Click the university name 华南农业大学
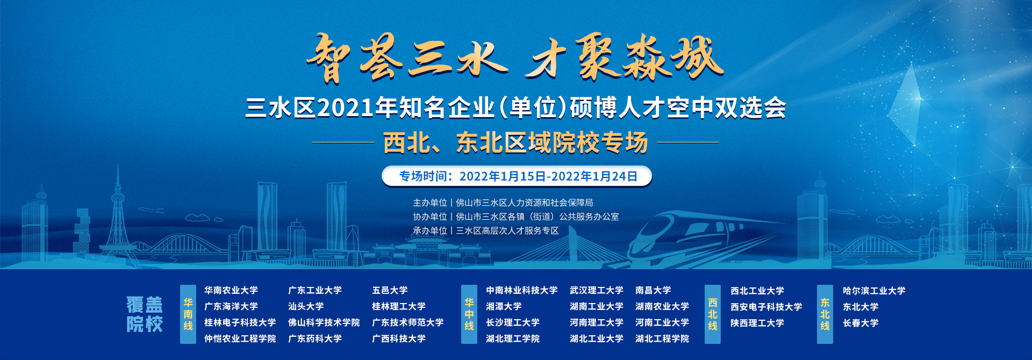click(231, 290)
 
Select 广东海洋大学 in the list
click(231, 306)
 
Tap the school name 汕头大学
click(306, 306)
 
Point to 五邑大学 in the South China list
click(390, 290)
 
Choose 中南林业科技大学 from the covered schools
click(521, 290)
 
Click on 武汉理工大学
click(597, 290)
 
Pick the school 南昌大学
click(653, 290)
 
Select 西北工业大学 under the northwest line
click(757, 291)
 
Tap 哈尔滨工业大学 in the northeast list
click(874, 291)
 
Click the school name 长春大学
click(861, 323)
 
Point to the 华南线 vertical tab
click(188, 314)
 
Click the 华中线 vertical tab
click(469, 314)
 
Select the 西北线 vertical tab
click(713, 314)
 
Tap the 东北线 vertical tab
click(825, 314)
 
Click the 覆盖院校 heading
click(145, 314)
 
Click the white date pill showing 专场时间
click(517, 176)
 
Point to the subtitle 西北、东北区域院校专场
click(515, 143)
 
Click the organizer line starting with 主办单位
click(503, 203)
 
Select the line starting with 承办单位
click(485, 231)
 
